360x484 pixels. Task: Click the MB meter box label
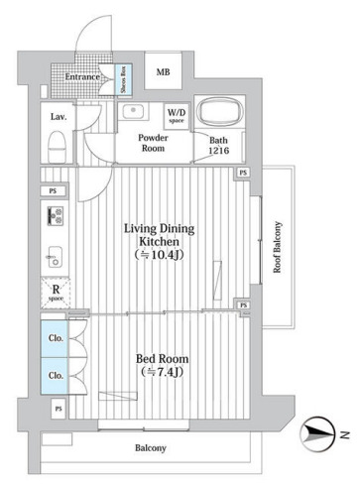(163, 71)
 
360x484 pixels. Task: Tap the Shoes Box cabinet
(123, 79)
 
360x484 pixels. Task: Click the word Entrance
(82, 76)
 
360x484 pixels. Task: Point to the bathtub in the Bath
(219, 112)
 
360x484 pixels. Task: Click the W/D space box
(177, 116)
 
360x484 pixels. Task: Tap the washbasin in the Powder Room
(133, 111)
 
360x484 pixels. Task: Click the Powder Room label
(153, 143)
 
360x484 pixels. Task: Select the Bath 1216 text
(218, 145)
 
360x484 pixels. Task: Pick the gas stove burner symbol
(56, 216)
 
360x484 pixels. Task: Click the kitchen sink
(54, 257)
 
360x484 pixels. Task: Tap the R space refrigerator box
(56, 293)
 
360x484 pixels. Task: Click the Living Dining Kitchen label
(159, 241)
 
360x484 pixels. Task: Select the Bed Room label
(163, 365)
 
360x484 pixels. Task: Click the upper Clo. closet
(55, 338)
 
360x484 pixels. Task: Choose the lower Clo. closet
(55, 376)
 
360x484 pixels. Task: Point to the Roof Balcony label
(277, 247)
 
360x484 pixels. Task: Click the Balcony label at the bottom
(151, 448)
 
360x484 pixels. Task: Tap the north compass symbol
(316, 434)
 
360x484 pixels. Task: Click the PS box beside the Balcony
(59, 409)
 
